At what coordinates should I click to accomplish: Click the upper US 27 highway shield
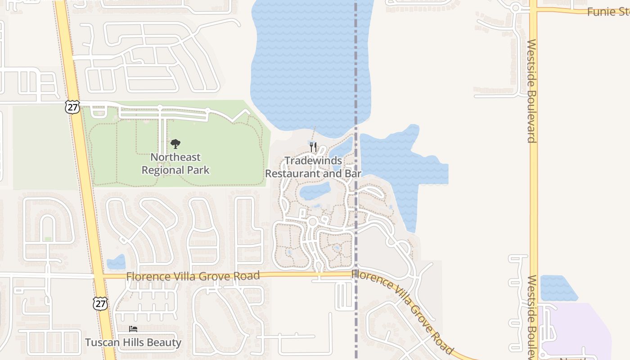pyautogui.click(x=72, y=107)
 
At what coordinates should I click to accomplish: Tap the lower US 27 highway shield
pyautogui.click(x=100, y=303)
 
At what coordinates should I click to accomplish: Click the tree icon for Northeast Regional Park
pyautogui.click(x=175, y=144)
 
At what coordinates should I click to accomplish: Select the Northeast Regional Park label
pyautogui.click(x=175, y=164)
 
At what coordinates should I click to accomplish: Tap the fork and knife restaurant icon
pyautogui.click(x=313, y=147)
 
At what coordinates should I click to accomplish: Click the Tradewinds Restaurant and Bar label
pyautogui.click(x=313, y=167)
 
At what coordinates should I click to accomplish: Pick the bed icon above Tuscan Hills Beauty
pyautogui.click(x=133, y=329)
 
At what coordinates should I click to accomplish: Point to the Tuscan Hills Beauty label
pyautogui.click(x=133, y=342)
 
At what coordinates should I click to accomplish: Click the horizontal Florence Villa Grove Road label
pyautogui.click(x=193, y=276)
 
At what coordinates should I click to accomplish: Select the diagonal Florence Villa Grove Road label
pyautogui.click(x=402, y=310)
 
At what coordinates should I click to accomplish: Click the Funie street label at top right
pyautogui.click(x=607, y=12)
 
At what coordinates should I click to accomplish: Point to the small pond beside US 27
pyautogui.click(x=117, y=262)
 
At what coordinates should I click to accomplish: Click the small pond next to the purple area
pyautogui.click(x=558, y=288)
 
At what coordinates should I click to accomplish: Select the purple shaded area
pyautogui.click(x=580, y=328)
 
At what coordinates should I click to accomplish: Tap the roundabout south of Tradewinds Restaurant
pyautogui.click(x=312, y=221)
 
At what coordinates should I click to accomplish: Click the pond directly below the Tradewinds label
pyautogui.click(x=315, y=191)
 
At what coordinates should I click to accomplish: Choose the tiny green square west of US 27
pyautogui.click(x=48, y=239)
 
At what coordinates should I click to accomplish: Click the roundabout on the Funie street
pyautogui.click(x=516, y=8)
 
